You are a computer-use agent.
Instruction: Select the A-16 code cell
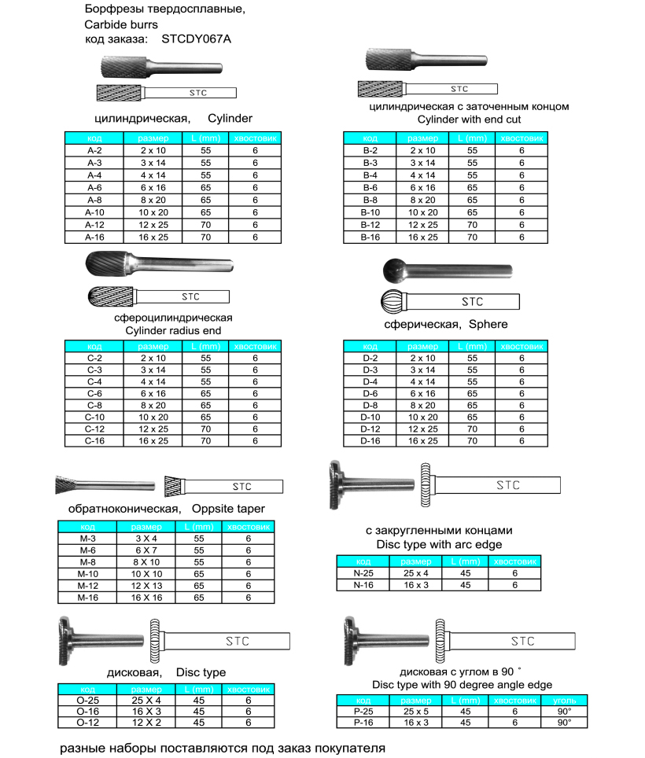tap(94, 236)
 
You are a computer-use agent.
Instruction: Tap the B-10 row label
tap(370, 212)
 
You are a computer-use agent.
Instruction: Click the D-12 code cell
tap(370, 429)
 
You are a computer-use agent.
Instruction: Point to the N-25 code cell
tap(363, 574)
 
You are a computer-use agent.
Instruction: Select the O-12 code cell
tap(87, 722)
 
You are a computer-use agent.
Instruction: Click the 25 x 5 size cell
tap(416, 711)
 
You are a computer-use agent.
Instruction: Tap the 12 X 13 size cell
tap(146, 586)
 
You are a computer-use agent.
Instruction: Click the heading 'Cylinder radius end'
tap(174, 330)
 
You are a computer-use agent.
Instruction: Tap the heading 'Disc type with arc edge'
tap(438, 544)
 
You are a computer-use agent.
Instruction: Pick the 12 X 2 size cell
tap(146, 722)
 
